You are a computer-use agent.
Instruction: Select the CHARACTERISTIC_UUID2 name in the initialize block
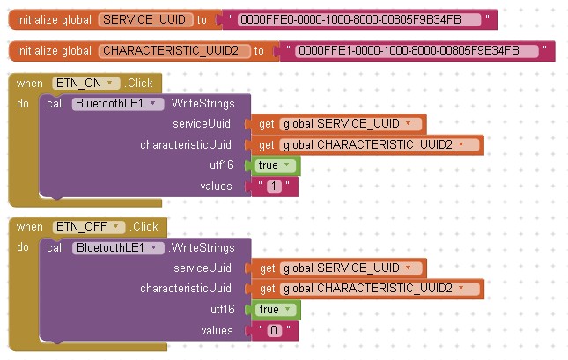(174, 51)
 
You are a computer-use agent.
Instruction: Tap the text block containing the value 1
(274, 187)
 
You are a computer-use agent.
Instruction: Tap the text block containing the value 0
(274, 331)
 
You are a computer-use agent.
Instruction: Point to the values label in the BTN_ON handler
(217, 187)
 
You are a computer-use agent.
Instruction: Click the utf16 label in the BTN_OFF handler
(222, 310)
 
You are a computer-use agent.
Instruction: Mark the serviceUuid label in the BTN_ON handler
(203, 124)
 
